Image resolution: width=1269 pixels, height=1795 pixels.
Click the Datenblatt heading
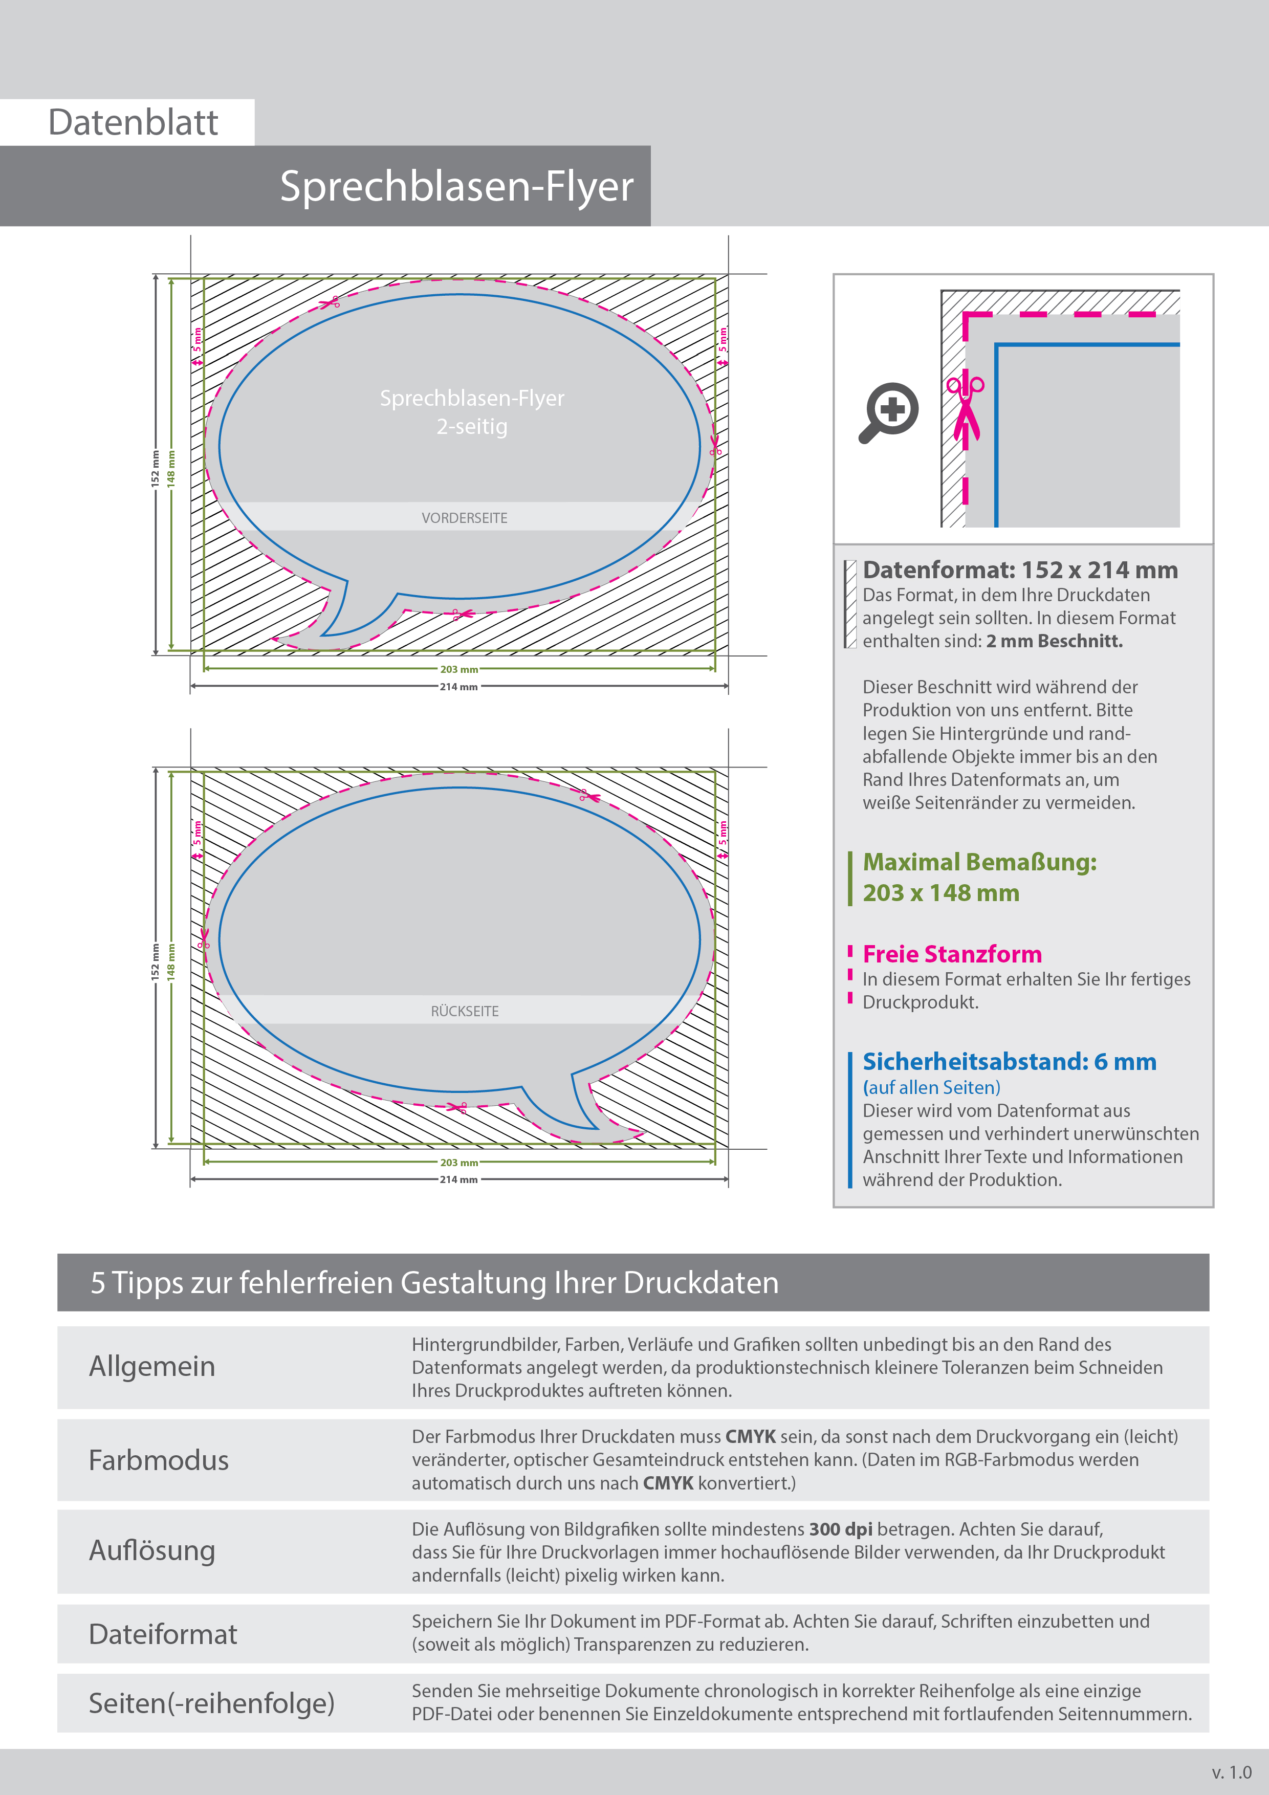click(x=133, y=123)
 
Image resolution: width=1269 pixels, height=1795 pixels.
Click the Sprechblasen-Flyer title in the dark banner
click(x=456, y=187)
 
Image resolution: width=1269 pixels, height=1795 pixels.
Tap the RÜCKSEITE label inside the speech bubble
click(x=465, y=1011)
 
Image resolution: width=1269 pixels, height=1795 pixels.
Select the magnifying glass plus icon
click(x=889, y=411)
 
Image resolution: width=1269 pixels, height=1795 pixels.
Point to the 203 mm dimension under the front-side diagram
click(x=459, y=669)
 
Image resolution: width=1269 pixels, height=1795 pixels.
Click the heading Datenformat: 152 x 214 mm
click(x=1020, y=570)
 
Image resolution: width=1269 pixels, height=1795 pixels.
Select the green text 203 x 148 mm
click(x=940, y=893)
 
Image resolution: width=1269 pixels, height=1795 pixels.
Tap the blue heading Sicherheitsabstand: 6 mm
click(x=1009, y=1062)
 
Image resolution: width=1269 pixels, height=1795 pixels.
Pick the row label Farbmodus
click(x=159, y=1460)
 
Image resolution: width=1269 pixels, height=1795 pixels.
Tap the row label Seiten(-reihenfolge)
click(x=211, y=1703)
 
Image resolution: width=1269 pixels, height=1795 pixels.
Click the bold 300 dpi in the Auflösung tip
click(x=841, y=1529)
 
